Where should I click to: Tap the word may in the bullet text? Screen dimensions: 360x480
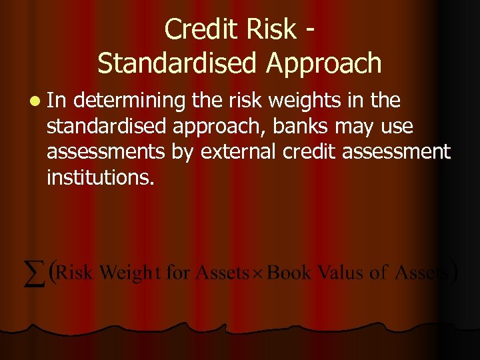[356, 126]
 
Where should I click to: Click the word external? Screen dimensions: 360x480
[237, 151]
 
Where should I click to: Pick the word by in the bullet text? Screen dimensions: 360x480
[182, 153]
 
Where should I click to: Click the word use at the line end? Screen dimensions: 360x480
[398, 126]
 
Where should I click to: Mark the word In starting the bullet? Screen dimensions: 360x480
[57, 101]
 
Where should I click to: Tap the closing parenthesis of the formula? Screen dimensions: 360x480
[454, 273]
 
